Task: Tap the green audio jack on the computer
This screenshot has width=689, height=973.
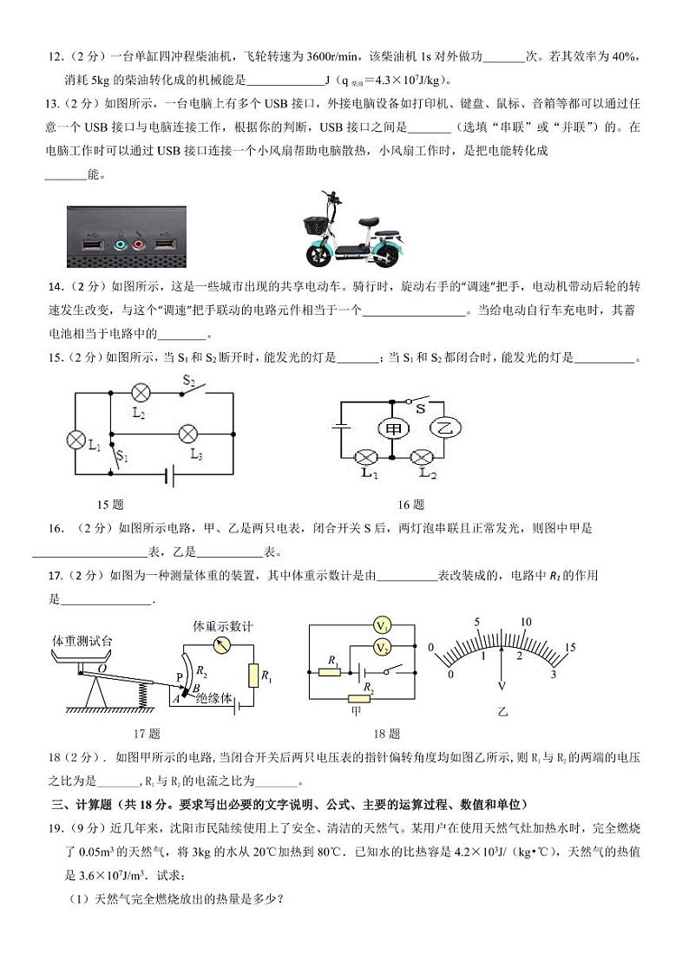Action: click(120, 245)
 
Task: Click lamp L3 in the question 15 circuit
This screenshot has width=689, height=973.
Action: click(189, 433)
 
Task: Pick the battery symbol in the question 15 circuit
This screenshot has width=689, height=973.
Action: click(171, 474)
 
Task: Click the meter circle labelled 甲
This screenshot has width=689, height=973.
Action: click(391, 428)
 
